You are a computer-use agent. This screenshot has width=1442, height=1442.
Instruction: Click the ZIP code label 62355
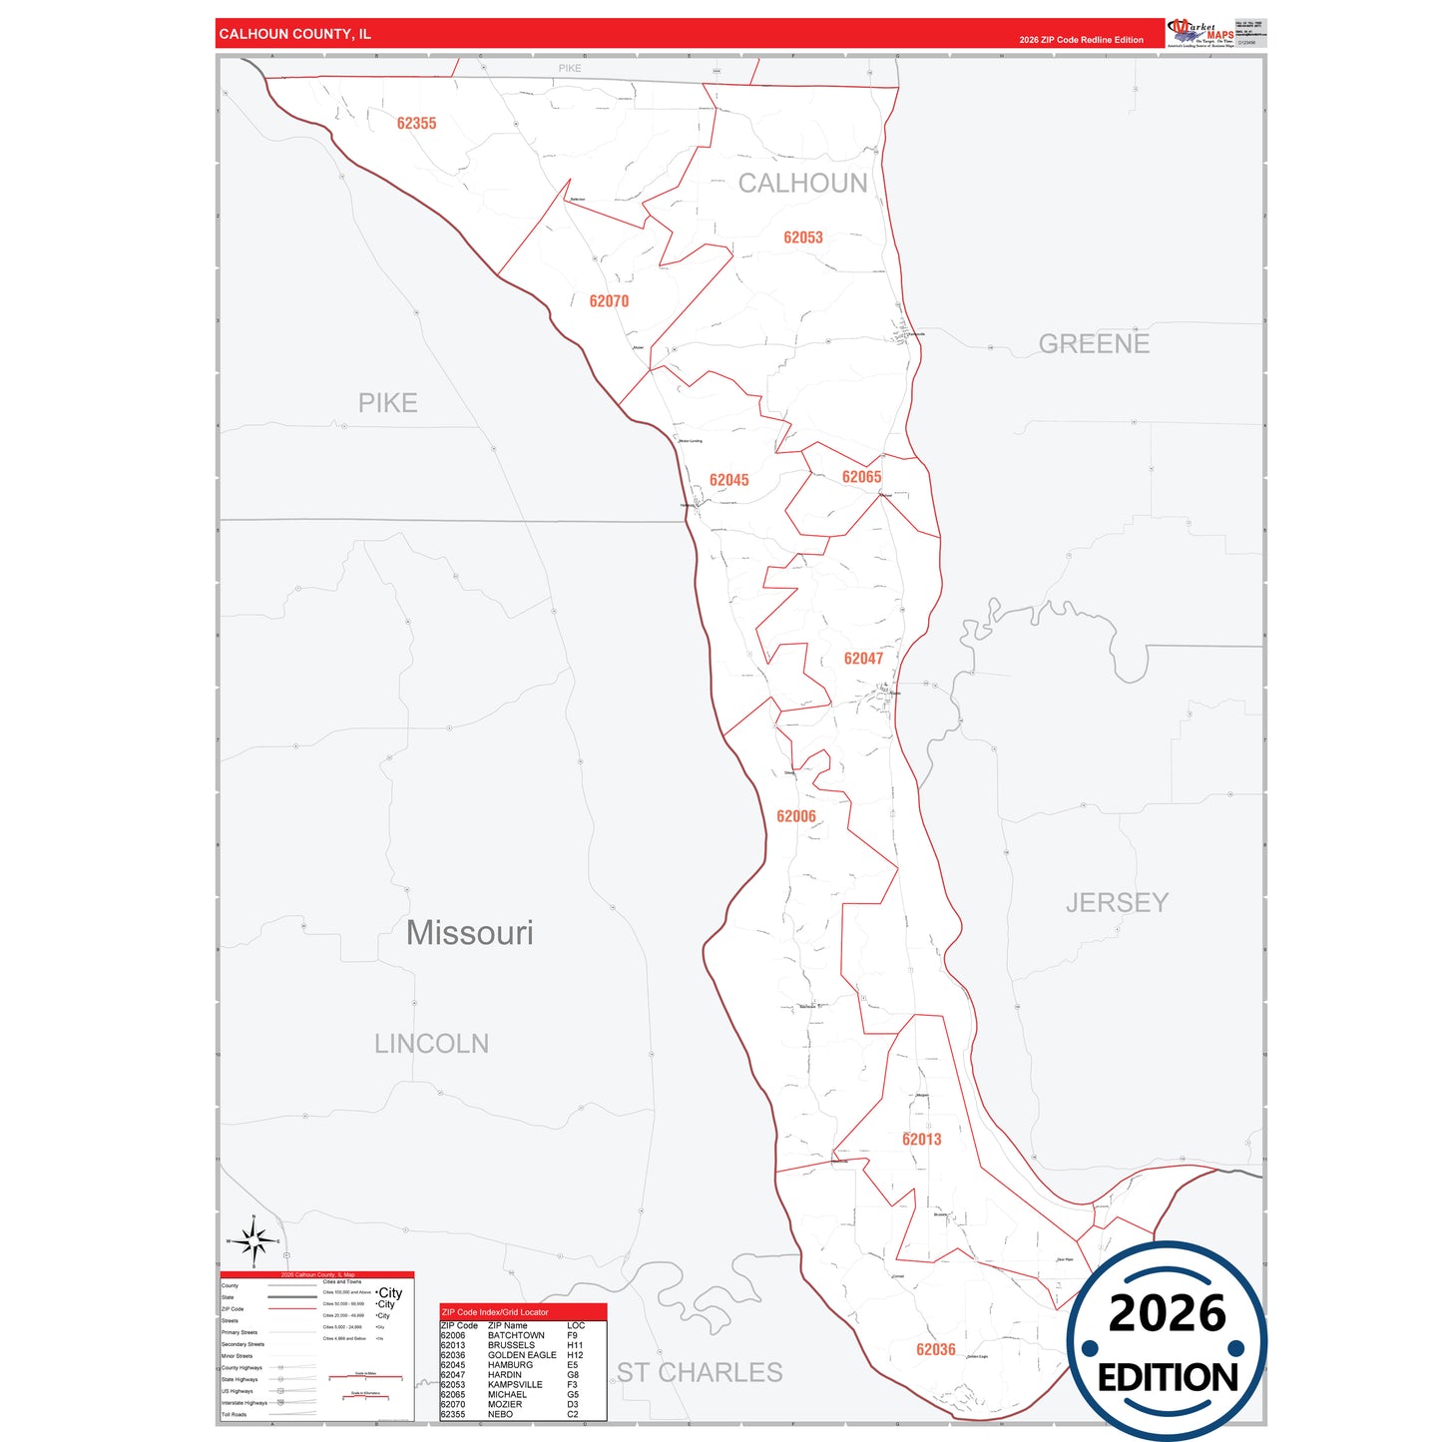pos(416,124)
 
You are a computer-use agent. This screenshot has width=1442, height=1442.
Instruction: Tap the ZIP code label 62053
pos(803,238)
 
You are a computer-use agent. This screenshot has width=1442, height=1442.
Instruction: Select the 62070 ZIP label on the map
pos(609,301)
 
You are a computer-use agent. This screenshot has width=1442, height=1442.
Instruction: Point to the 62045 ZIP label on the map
pos(728,480)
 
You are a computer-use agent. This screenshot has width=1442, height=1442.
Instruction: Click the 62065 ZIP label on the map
pos(861,477)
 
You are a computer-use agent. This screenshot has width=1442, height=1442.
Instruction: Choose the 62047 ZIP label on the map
pos(863,659)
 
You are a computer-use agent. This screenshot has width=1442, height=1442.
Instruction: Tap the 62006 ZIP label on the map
pos(796,816)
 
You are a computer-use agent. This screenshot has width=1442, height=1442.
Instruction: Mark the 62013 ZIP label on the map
pos(921,1140)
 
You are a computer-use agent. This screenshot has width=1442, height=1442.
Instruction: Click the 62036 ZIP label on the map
pos(936,1350)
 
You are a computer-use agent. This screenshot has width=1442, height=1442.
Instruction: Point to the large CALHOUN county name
pos(803,184)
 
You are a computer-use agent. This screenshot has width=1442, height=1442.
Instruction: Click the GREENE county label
pos(1094,344)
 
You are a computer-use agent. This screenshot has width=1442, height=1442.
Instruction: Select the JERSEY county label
pos(1117,903)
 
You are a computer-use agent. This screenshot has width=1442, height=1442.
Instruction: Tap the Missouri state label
pos(470,933)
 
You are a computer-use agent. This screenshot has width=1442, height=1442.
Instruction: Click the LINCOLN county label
pos(431,1044)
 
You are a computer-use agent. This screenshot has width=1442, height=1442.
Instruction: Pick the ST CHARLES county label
pos(700,1373)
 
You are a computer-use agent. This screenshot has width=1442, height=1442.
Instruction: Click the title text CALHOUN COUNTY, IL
pos(294,34)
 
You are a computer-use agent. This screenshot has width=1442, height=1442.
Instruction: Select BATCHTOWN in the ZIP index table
pos(516,1335)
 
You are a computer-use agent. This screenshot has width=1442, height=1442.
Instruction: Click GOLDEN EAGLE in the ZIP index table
pos(522,1355)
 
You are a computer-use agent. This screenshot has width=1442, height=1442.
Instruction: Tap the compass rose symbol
pos(253,1242)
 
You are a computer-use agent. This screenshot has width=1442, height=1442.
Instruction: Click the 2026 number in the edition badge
pos(1167,1313)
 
